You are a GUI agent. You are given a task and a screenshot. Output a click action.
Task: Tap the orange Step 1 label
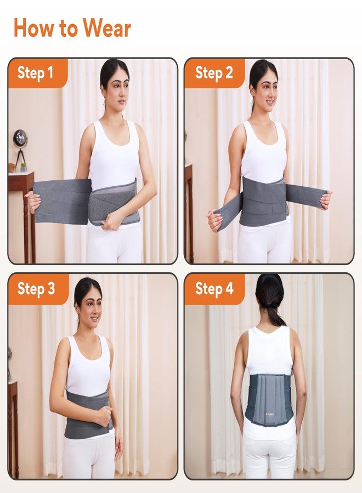(36, 73)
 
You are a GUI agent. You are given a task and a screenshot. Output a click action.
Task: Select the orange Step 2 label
(214, 73)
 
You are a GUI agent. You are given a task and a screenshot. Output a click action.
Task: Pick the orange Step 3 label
(36, 289)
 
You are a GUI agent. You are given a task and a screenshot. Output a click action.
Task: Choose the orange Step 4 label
(214, 289)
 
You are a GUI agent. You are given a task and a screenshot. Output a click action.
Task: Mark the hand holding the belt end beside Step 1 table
(32, 202)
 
